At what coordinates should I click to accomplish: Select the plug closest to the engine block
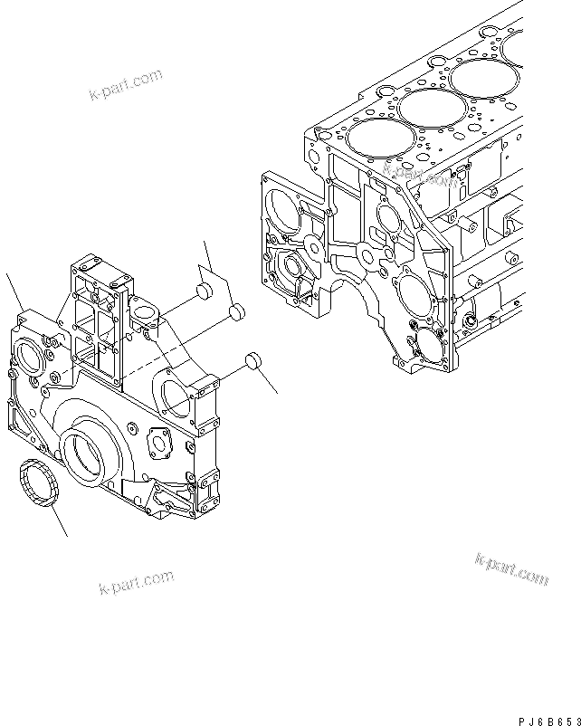coord(254,363)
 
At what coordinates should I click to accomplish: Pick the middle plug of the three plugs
coord(236,313)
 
